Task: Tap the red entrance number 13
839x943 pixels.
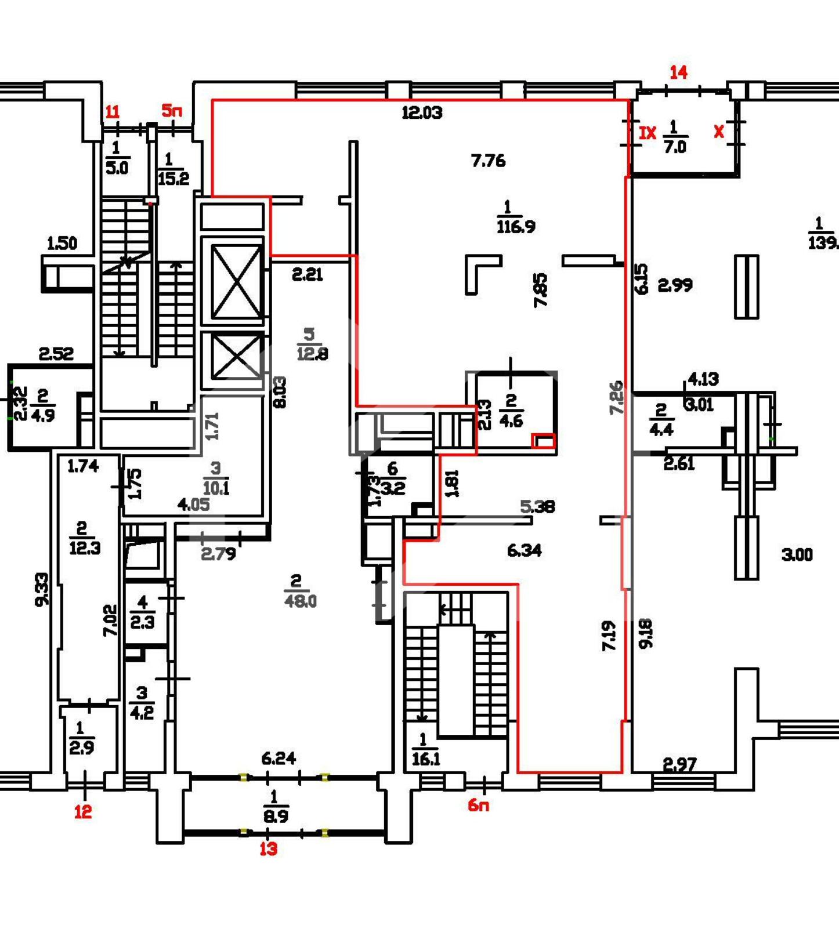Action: [x=268, y=848]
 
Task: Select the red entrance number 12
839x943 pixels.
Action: [x=83, y=811]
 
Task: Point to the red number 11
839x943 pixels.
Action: [x=112, y=111]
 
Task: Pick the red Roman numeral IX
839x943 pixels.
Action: [x=647, y=133]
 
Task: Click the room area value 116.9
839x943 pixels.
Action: [x=516, y=226]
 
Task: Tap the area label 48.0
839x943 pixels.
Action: [x=301, y=600]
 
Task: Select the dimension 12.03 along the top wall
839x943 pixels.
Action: [x=422, y=113]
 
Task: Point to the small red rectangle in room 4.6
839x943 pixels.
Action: [x=544, y=441]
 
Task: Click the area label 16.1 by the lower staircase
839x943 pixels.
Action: [x=425, y=758]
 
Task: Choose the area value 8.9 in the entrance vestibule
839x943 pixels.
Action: [x=276, y=816]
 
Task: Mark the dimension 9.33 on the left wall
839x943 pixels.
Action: [x=42, y=589]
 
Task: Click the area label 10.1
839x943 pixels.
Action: [x=216, y=487]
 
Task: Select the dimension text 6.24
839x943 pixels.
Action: [x=279, y=758]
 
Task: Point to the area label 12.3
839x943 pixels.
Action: [x=85, y=547]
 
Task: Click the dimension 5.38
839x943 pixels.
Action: [x=537, y=506]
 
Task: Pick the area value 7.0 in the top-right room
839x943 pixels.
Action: [x=675, y=146]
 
